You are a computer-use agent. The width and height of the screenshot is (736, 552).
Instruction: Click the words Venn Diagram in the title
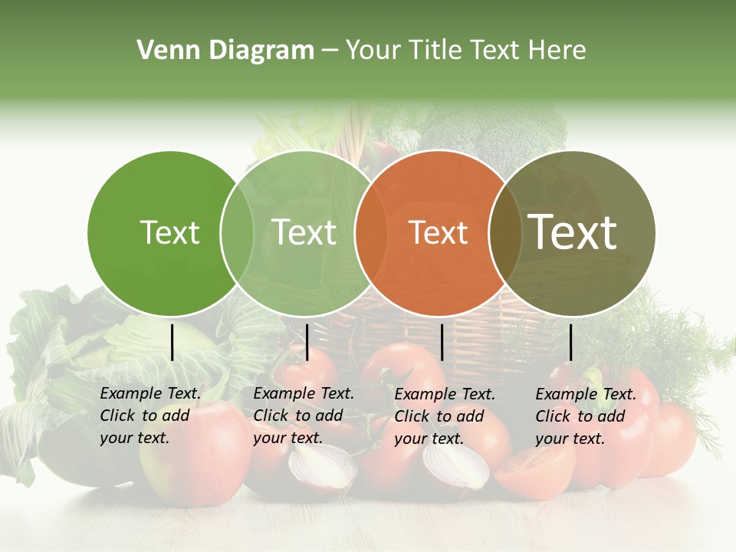pyautogui.click(x=225, y=51)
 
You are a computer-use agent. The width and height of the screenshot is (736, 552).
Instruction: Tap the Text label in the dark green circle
pyautogui.click(x=169, y=232)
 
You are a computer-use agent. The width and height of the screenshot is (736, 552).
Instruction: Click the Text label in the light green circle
pyautogui.click(x=304, y=232)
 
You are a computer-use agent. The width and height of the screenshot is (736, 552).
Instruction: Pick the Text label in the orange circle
pyautogui.click(x=438, y=232)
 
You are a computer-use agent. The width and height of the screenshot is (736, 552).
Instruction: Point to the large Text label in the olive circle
pyautogui.click(x=573, y=232)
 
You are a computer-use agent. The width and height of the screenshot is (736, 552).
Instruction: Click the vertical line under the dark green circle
pyautogui.click(x=172, y=342)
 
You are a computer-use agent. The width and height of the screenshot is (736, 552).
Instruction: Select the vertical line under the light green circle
pyautogui.click(x=307, y=342)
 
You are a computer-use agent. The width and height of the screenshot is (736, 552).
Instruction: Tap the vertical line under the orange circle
pyautogui.click(x=442, y=342)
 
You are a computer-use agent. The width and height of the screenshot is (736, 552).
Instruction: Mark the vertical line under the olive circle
pyautogui.click(x=570, y=342)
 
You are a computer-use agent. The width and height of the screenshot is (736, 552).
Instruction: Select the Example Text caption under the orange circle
pyautogui.click(x=445, y=416)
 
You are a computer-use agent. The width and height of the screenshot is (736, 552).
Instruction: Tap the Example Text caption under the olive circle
pyautogui.click(x=586, y=416)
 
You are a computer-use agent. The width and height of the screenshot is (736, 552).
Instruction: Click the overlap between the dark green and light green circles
pyautogui.click(x=237, y=232)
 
